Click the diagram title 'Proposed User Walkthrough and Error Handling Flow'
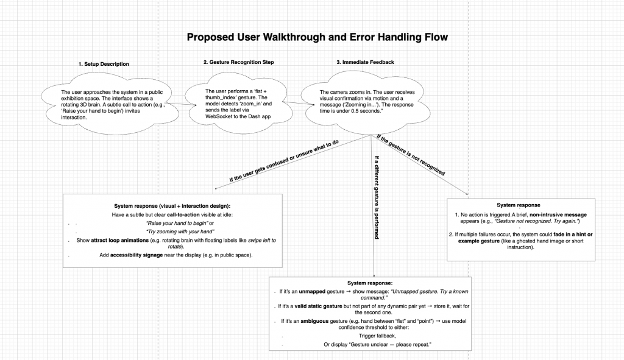pyautogui.click(x=317, y=37)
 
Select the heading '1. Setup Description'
pyautogui.click(x=104, y=64)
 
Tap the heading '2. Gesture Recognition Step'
pyautogui.click(x=238, y=62)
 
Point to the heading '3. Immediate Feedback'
pyautogui.click(x=365, y=62)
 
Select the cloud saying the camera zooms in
pyautogui.click(x=366, y=102)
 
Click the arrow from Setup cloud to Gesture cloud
pyautogui.click(x=181, y=104)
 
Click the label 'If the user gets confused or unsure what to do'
pyautogui.click(x=284, y=161)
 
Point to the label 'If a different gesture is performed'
pyautogui.click(x=377, y=197)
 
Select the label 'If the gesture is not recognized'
pyautogui.click(x=411, y=155)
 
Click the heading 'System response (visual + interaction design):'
pyautogui.click(x=172, y=206)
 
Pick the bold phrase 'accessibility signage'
pyautogui.click(x=136, y=255)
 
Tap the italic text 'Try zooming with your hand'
pyautogui.click(x=180, y=231)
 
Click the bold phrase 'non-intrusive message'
pyautogui.click(x=558, y=215)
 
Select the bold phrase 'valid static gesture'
pyautogui.click(x=318, y=306)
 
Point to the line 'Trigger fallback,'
pyautogui.click(x=377, y=336)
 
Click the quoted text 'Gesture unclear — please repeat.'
pyautogui.click(x=390, y=345)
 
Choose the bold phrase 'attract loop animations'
pyautogui.click(x=120, y=240)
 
